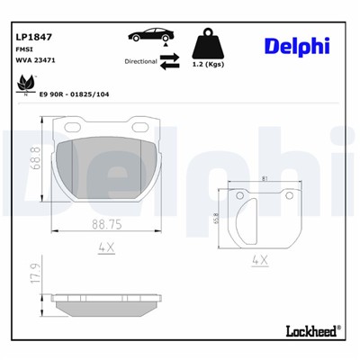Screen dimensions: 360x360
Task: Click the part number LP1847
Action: click(x=32, y=37)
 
